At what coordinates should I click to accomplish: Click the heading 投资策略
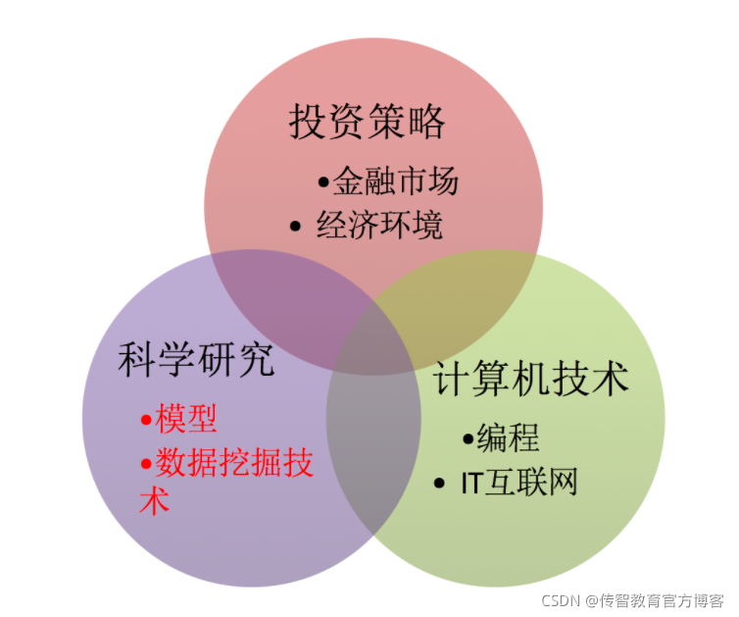coord(368,123)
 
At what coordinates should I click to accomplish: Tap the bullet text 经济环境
coord(379,226)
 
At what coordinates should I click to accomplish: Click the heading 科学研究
coord(196,360)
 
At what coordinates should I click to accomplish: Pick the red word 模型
coord(186,420)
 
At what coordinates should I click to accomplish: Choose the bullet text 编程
coord(508,438)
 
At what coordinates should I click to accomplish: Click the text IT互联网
coord(519,483)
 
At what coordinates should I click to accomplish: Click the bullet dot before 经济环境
coord(296,227)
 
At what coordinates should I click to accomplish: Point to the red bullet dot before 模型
coord(146,421)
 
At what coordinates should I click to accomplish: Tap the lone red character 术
coord(154,501)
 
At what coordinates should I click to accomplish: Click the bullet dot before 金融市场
coord(323,182)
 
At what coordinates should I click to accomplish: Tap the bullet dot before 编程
coord(468,439)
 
